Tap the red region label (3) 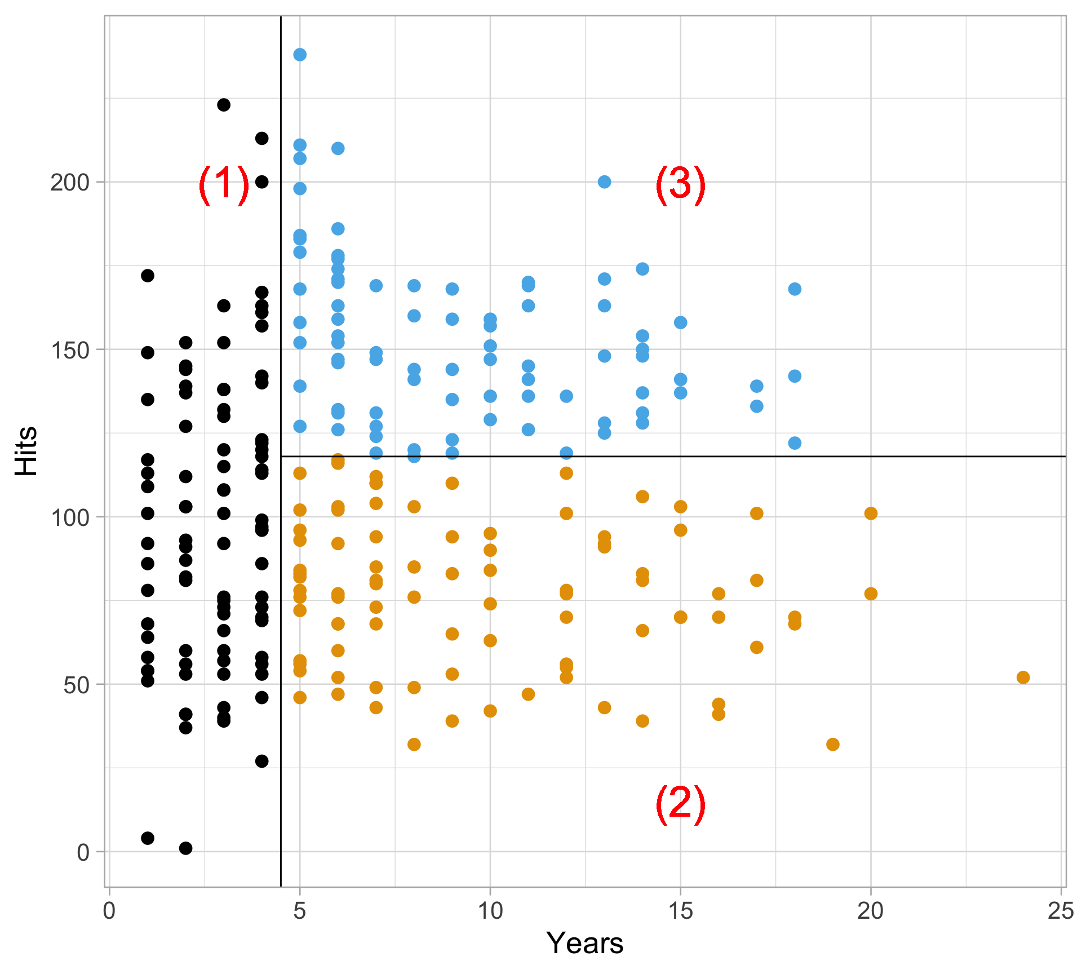[x=680, y=184]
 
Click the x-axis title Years [x=585, y=943]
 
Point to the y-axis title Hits [x=26, y=451]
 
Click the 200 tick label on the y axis [x=70, y=183]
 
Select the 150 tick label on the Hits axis [x=70, y=350]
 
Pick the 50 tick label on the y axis [x=76, y=685]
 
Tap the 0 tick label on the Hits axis [x=83, y=853]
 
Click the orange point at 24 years [x=1023, y=678]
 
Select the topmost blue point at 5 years [x=300, y=55]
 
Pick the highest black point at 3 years [x=224, y=105]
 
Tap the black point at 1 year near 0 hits [x=148, y=838]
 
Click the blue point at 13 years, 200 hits [x=604, y=182]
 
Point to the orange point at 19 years [x=832, y=745]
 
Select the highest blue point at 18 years [x=795, y=289]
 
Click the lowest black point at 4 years [x=261, y=762]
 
